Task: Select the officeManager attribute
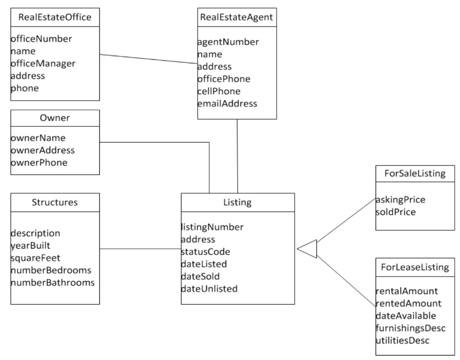pyautogui.click(x=43, y=63)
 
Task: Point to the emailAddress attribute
pyautogui.click(x=227, y=103)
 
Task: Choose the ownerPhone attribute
pyautogui.click(x=39, y=162)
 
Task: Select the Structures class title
pyautogui.click(x=54, y=202)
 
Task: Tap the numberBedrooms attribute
pyautogui.click(x=51, y=270)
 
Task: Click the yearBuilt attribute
pyautogui.click(x=31, y=245)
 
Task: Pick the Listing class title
pyautogui.click(x=237, y=202)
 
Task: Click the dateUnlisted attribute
pyautogui.click(x=209, y=288)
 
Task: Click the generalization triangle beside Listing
pyautogui.click(x=309, y=249)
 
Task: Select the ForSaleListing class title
pyautogui.click(x=415, y=174)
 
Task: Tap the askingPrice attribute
pyautogui.click(x=400, y=199)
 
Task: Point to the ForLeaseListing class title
pyautogui.click(x=415, y=267)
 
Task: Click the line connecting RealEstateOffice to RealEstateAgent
pyautogui.click(x=148, y=59)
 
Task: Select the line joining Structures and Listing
pyautogui.click(x=140, y=249)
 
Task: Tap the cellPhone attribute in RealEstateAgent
pyautogui.click(x=219, y=91)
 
